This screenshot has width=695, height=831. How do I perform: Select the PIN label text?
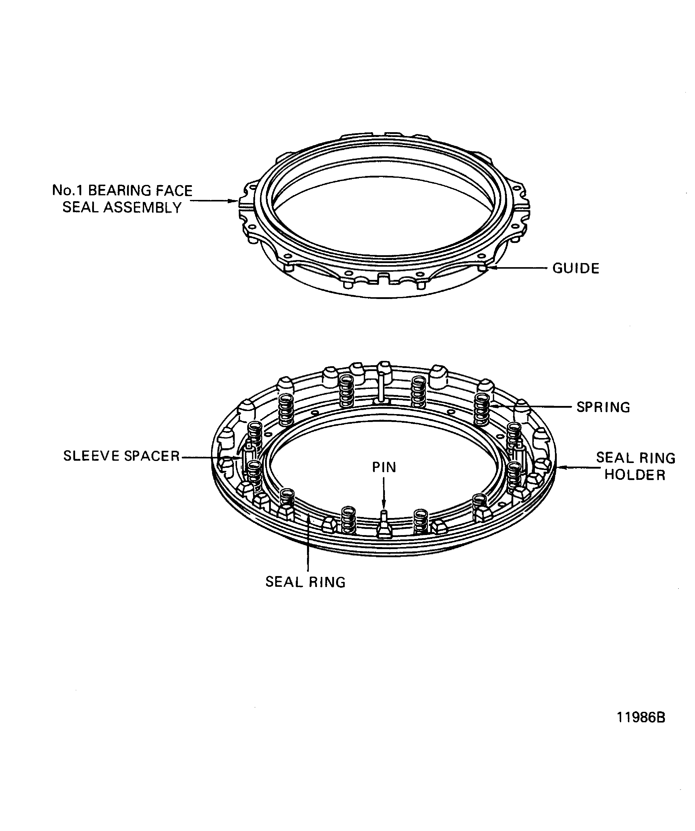384,467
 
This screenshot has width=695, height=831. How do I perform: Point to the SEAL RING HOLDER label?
635,466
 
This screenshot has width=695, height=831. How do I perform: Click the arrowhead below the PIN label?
384,504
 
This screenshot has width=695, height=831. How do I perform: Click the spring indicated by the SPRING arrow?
481,409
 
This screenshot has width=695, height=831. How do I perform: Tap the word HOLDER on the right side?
635,475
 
